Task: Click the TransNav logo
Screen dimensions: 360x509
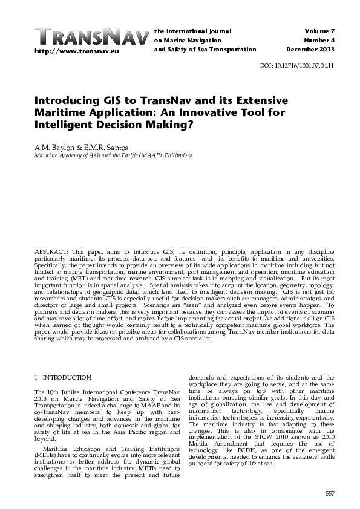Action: [90, 36]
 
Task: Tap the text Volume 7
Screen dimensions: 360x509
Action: [318, 30]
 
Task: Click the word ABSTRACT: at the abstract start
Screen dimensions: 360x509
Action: [51, 249]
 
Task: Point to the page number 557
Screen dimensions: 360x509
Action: [330, 494]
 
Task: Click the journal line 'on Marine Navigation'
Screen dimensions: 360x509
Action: [182, 40]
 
